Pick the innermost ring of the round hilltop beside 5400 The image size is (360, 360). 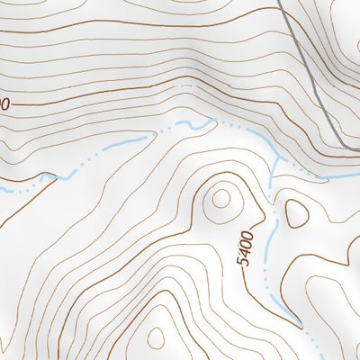(x=221, y=199)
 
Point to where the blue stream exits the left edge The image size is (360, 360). (x=2, y=191)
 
